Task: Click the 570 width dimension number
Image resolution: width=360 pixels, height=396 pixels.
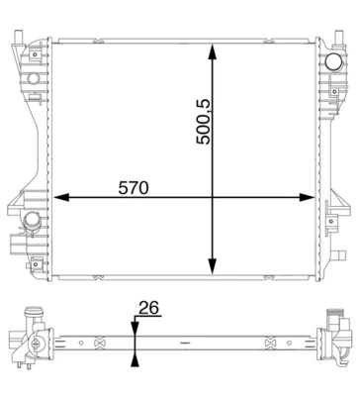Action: (x=134, y=188)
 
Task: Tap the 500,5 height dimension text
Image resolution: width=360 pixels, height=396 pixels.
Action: (x=204, y=122)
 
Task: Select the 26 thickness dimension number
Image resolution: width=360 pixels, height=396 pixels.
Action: (x=148, y=308)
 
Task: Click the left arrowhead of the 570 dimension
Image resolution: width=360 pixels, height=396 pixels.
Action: (x=61, y=197)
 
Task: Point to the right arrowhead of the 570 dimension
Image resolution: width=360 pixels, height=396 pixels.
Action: (x=307, y=197)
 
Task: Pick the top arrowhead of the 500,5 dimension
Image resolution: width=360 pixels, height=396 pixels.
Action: (x=213, y=51)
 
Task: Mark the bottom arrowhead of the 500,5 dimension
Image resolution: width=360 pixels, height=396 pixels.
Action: (x=213, y=266)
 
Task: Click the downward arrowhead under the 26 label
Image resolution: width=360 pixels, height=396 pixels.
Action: (x=135, y=329)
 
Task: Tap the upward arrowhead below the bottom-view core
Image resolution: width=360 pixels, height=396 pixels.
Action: (x=135, y=359)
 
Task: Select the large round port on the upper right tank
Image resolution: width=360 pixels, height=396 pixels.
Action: (x=333, y=61)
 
